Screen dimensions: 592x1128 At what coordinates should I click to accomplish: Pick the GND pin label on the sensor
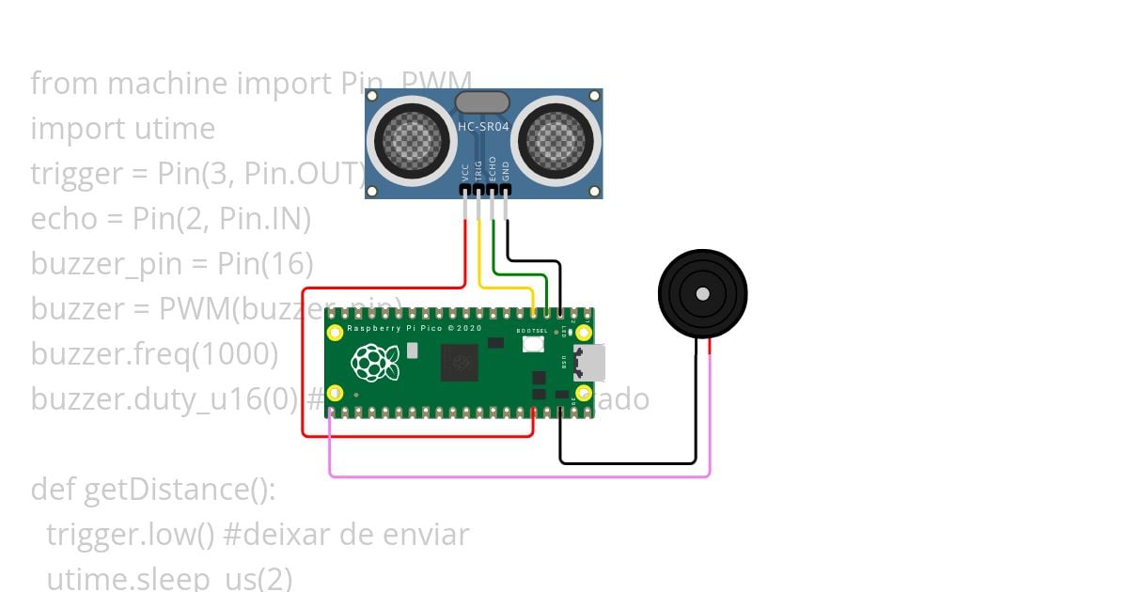[506, 171]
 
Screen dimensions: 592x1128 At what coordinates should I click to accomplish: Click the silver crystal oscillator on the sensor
[482, 102]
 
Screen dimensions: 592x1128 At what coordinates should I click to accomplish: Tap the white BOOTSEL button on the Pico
[533, 344]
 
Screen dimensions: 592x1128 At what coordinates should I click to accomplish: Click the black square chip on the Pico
[461, 362]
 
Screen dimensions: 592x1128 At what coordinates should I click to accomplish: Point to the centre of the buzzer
[702, 294]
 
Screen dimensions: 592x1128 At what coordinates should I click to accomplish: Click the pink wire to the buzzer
[517, 476]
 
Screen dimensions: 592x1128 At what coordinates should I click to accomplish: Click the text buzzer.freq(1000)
[154, 354]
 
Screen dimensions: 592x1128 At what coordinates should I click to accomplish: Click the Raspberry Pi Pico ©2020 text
[415, 329]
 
